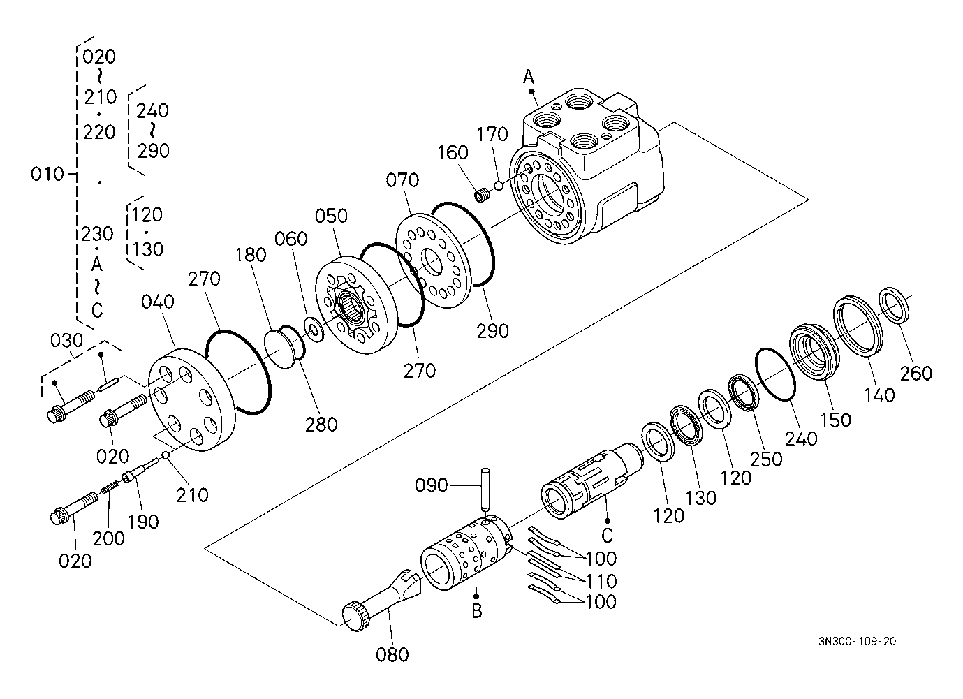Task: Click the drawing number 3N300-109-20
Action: tap(858, 642)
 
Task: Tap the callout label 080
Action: tap(392, 655)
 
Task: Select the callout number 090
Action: tap(431, 485)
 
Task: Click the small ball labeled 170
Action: tap(499, 186)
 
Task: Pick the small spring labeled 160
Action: tap(482, 196)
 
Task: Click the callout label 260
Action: tap(916, 374)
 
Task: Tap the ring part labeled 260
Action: tap(893, 304)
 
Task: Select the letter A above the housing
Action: tap(529, 78)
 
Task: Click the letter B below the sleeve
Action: tap(477, 611)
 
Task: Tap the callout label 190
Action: tap(142, 522)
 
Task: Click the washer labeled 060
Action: tap(314, 330)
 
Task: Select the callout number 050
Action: tap(331, 216)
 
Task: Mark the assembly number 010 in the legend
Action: tap(47, 175)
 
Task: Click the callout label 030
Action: tap(66, 341)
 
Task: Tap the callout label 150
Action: tap(836, 420)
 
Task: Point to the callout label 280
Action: tap(321, 425)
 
